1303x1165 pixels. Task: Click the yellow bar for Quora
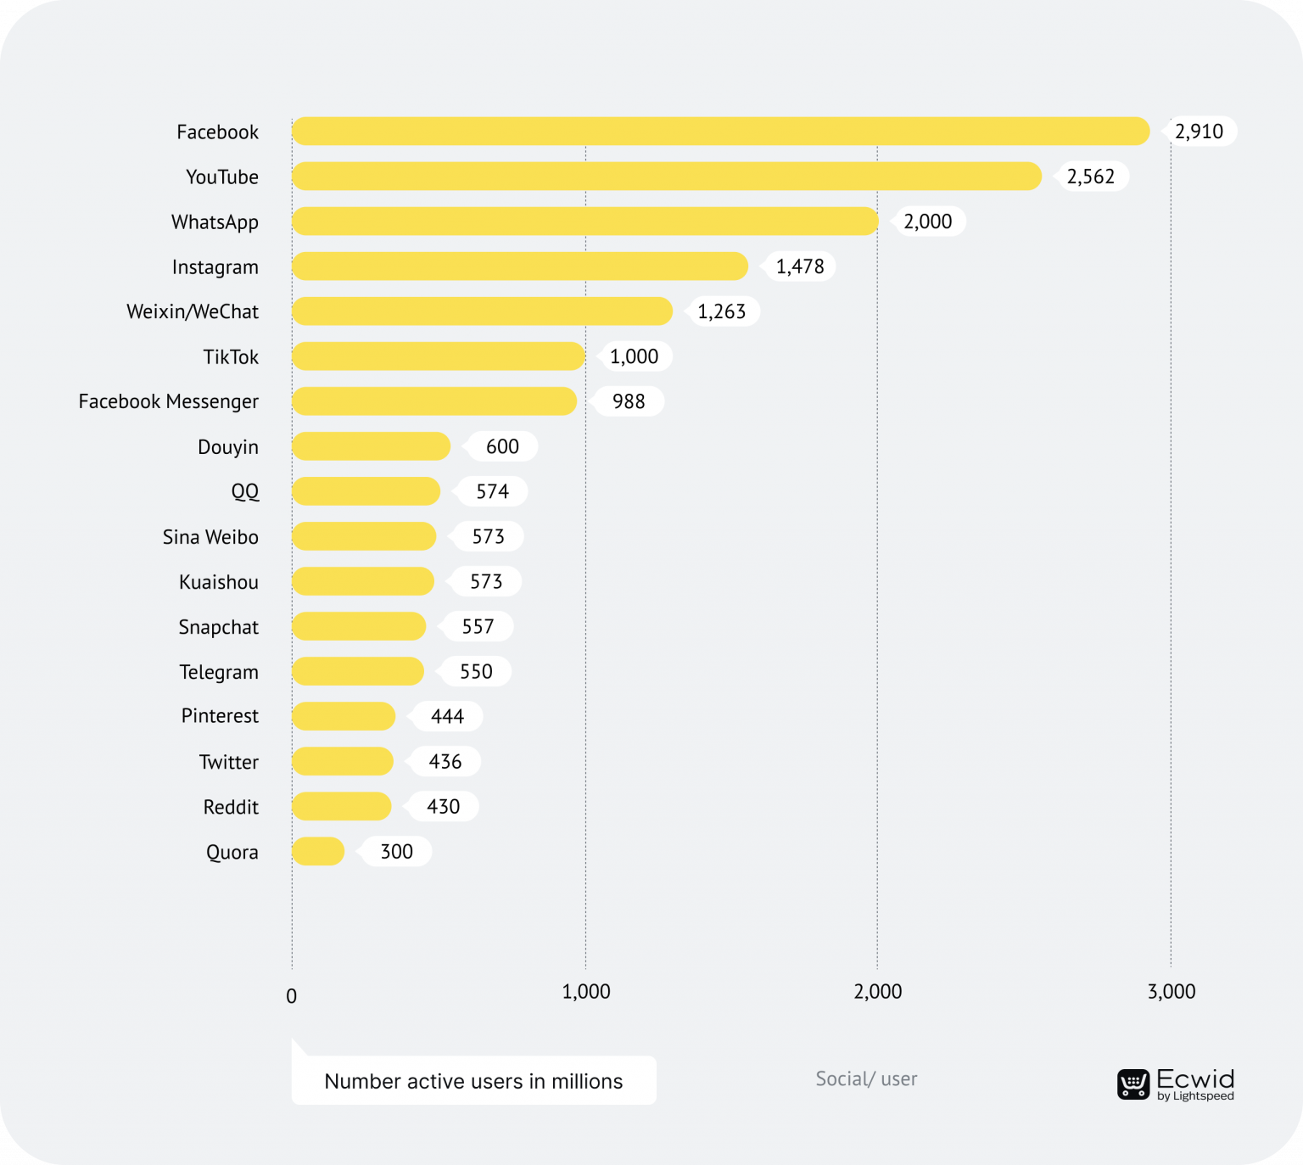pos(318,851)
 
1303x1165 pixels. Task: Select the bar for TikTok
pos(438,356)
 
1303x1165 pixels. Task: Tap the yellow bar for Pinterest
pos(344,716)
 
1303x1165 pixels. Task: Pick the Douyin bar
pos(371,446)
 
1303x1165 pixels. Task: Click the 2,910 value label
pos(1200,132)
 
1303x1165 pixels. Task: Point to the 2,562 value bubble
pos(1091,176)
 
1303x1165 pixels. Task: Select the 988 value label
pos(629,401)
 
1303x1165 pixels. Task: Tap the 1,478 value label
pos(800,266)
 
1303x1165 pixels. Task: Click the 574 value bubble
pos(492,491)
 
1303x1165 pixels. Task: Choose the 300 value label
pos(396,851)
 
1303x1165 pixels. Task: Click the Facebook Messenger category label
pos(168,401)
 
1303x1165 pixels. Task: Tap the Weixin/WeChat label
pos(193,311)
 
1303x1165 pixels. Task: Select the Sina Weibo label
pos(210,537)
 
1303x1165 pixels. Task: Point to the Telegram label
pos(219,672)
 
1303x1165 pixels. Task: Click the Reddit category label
pos(231,807)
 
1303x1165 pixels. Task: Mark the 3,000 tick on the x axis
pos(1172,991)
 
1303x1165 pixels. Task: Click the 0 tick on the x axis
pos(292,996)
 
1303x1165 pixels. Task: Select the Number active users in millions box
pos(473,1080)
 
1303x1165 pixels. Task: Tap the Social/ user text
pos(866,1078)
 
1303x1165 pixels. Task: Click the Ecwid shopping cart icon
pos(1133,1084)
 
